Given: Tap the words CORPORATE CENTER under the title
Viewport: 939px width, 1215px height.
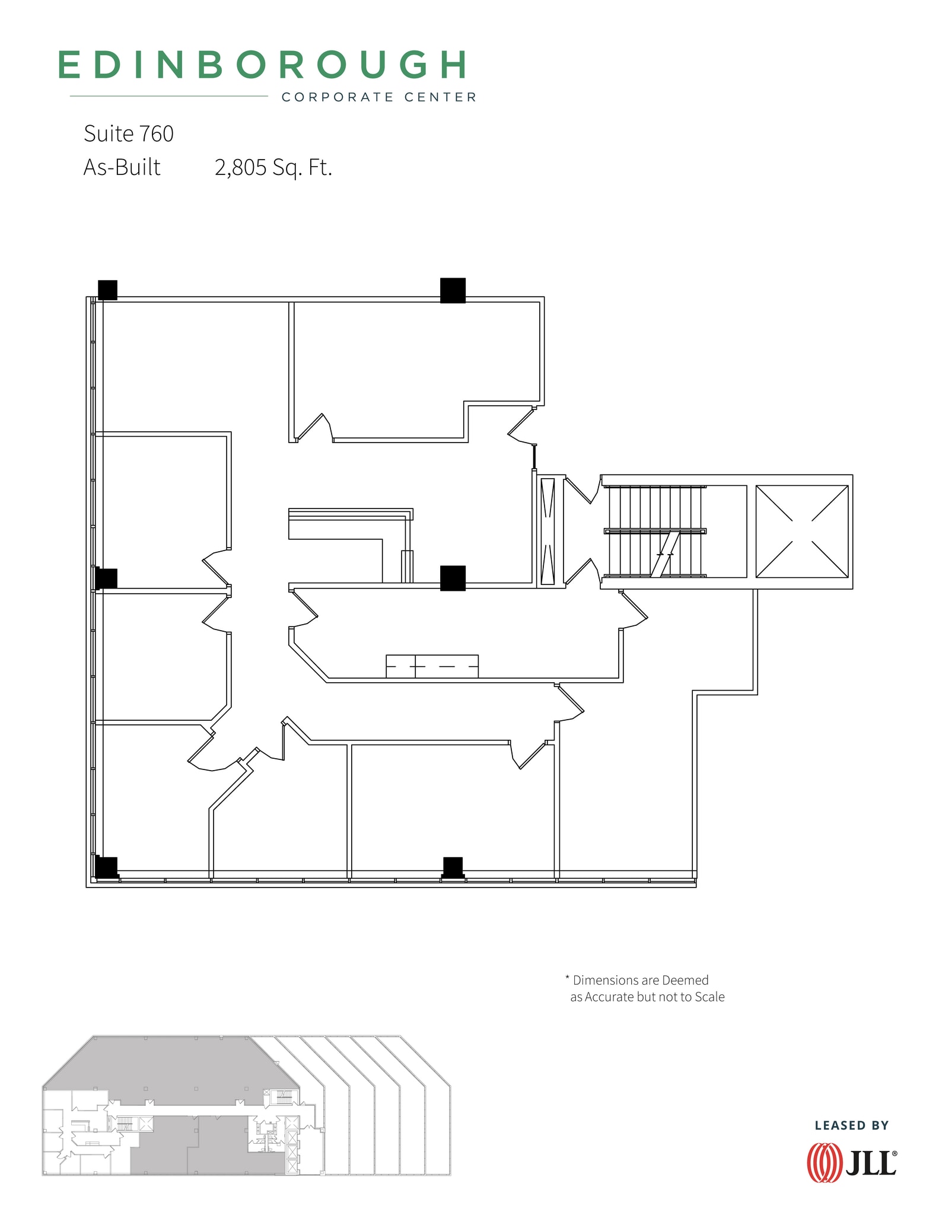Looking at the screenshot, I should click(378, 97).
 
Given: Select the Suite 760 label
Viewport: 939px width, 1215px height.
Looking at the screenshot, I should click(129, 134).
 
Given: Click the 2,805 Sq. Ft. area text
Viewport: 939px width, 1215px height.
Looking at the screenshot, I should click(273, 168).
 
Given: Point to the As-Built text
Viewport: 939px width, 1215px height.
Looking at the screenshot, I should click(122, 168).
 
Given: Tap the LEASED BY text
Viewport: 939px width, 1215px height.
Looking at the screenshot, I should click(851, 1125).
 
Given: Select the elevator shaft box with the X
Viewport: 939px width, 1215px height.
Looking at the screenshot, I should click(801, 531).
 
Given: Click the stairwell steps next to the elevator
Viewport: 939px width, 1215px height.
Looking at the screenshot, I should click(654, 531).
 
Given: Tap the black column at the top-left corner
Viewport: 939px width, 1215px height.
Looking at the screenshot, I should click(107, 290).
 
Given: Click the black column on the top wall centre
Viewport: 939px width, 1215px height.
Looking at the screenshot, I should click(453, 291).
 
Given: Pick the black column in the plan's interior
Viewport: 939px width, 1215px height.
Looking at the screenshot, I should click(453, 578).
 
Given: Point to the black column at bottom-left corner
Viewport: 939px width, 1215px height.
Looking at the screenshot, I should click(107, 867).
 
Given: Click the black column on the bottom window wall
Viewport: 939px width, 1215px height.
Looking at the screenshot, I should click(453, 867).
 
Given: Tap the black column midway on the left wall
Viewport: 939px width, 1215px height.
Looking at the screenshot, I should click(107, 578).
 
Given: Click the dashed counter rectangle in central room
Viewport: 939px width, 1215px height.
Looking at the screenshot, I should click(432, 666).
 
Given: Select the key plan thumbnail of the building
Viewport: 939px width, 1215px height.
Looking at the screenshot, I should click(246, 1105).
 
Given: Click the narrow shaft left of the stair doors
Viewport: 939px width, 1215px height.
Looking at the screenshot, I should click(547, 531).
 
